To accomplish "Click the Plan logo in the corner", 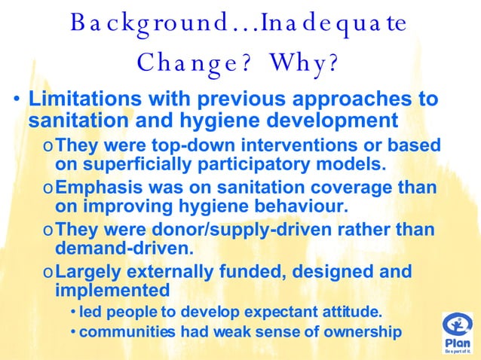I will (x=458, y=333).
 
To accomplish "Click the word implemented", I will (x=112, y=290).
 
